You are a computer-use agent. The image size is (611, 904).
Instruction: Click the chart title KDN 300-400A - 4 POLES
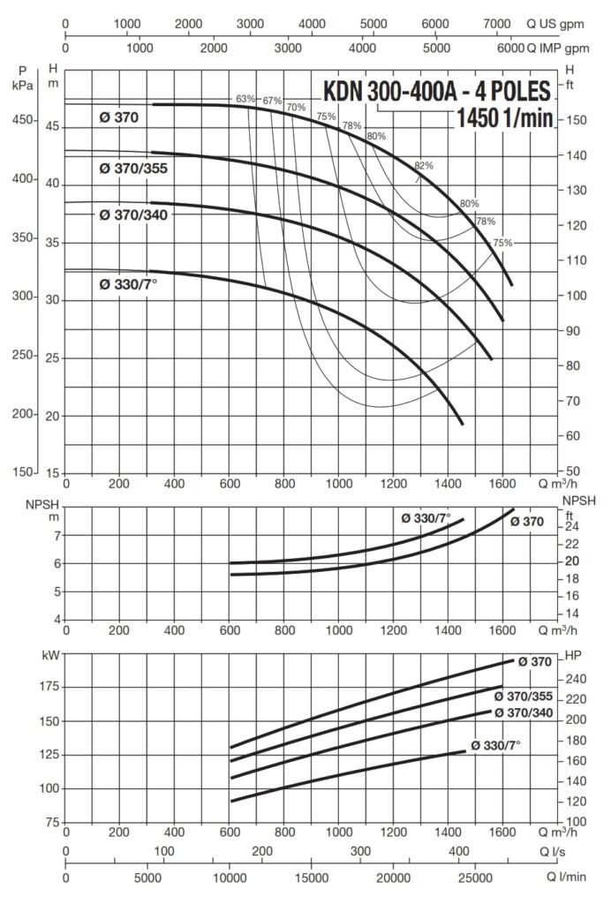437,91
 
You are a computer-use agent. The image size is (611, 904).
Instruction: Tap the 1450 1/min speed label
505,118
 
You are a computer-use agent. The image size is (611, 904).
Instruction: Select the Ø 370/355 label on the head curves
133,166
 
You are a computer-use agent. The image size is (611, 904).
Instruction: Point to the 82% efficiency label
424,166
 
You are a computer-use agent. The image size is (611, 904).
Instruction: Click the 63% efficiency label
245,98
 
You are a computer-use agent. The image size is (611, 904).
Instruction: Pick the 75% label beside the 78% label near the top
326,117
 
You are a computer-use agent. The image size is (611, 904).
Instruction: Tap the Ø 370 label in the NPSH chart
527,522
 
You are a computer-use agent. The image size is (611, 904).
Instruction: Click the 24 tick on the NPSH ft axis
572,527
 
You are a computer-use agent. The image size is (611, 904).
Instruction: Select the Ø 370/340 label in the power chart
525,712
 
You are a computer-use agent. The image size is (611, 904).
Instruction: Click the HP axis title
571,657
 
